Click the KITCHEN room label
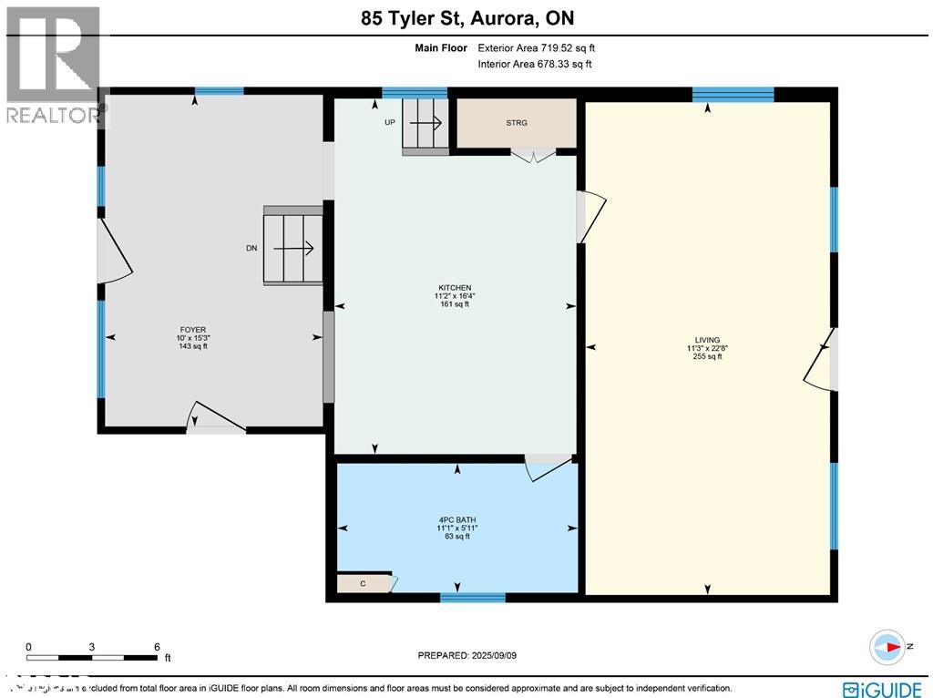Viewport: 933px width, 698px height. (x=452, y=287)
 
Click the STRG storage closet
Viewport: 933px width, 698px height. (x=516, y=123)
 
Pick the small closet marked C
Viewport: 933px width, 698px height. (x=363, y=583)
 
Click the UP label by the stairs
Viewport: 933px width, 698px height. (x=389, y=122)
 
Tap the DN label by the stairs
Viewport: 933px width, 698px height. (x=251, y=247)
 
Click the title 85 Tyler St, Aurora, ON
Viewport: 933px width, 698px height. (x=466, y=18)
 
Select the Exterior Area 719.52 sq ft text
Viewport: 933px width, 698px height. (x=537, y=48)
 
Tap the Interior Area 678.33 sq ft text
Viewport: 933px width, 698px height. (x=535, y=64)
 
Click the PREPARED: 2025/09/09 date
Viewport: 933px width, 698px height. (x=466, y=655)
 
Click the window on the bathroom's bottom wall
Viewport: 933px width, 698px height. (x=472, y=598)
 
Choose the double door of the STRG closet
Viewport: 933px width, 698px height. (x=532, y=156)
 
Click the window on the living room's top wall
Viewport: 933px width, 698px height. (x=733, y=94)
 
